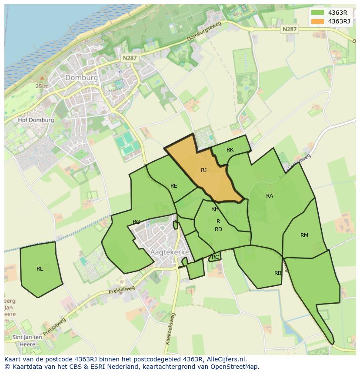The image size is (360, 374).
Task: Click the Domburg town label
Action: click(81, 77)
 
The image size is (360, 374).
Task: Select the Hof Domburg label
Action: click(36, 120)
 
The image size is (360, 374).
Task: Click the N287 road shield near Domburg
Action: click(130, 58)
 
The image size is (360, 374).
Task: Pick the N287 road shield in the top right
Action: click(289, 29)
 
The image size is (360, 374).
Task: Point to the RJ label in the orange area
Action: click(203, 170)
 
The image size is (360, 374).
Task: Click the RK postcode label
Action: click(230, 150)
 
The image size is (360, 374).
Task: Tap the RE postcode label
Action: click(174, 186)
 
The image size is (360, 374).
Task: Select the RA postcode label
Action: click(270, 196)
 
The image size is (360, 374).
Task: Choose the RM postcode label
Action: click(304, 235)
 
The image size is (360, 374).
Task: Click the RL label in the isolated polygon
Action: click(40, 269)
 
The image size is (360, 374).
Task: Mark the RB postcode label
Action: click(278, 273)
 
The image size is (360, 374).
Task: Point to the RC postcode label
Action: click(215, 257)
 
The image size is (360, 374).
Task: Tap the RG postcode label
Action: click(137, 222)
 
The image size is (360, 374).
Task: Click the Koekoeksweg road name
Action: click(170, 329)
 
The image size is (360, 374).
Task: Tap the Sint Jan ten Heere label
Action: click(27, 341)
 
